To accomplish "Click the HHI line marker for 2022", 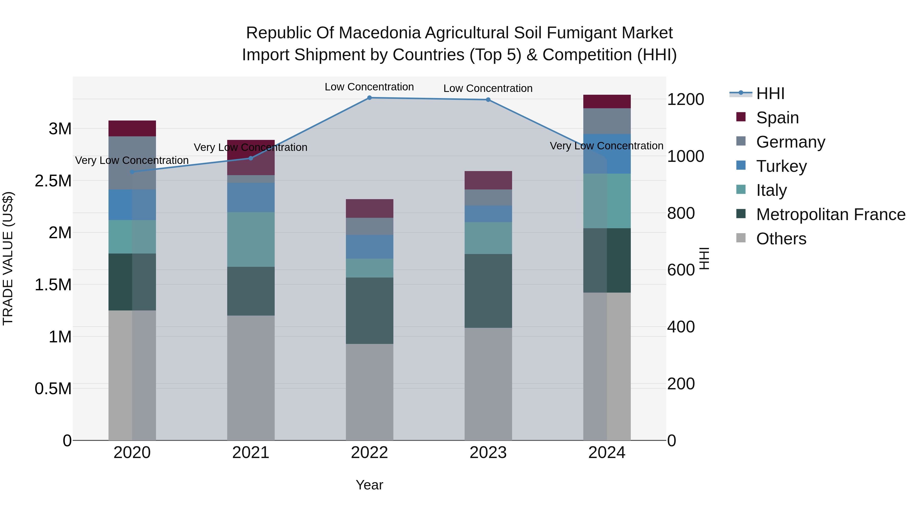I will point(369,98).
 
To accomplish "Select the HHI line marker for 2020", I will point(132,172).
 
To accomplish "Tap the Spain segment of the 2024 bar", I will point(607,102).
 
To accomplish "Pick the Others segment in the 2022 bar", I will point(369,392).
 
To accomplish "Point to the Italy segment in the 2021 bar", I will point(250,239).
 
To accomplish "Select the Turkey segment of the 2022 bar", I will point(369,247).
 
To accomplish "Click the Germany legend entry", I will point(790,142).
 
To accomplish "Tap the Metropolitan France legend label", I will point(830,214).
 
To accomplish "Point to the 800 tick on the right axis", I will point(681,213).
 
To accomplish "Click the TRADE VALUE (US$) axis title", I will point(8,258).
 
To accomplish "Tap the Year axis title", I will point(369,485).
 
